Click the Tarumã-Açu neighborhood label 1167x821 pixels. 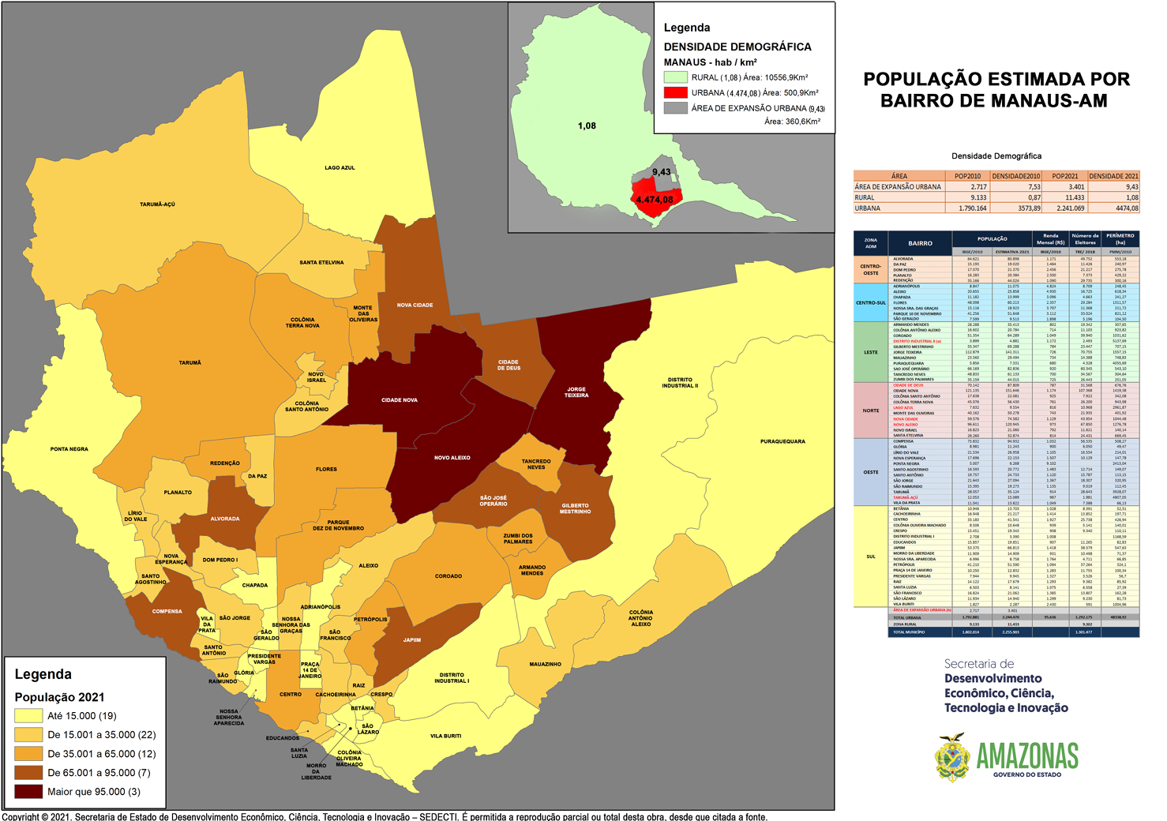157,204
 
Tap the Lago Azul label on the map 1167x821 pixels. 340,168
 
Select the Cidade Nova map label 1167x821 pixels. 400,400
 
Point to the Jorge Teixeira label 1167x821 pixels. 576,392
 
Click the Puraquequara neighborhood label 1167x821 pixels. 782,442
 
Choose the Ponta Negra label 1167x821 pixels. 69,449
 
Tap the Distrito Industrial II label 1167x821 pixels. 680,383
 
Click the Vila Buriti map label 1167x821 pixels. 446,736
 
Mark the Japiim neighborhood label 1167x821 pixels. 411,640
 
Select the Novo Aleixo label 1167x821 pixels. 452,458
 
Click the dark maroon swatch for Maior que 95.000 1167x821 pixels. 28,792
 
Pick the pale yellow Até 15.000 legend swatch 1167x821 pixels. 28,716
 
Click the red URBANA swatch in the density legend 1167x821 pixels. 675,92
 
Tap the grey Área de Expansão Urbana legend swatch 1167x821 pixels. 675,108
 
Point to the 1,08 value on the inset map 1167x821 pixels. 587,126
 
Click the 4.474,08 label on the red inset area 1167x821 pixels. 655,200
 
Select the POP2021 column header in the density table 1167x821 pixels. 1065,176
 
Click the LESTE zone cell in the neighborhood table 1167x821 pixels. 871,352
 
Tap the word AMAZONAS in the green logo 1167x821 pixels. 1027,756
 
